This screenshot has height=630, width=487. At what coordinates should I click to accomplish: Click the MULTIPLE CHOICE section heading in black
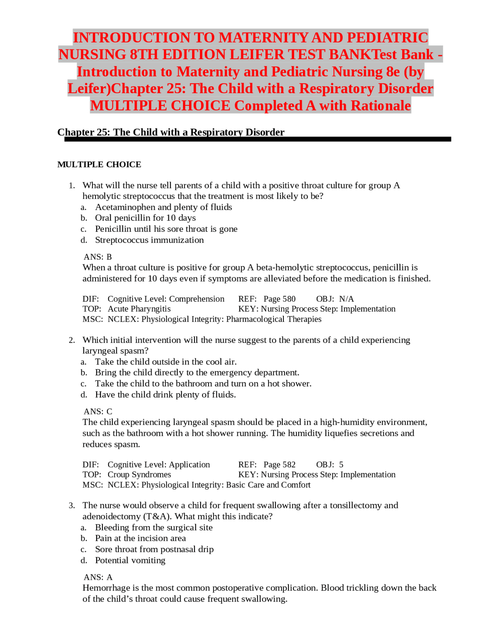pos(99,164)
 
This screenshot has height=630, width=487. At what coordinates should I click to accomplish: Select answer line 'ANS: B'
pos(98,257)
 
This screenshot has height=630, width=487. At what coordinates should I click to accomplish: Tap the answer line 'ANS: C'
pos(98,411)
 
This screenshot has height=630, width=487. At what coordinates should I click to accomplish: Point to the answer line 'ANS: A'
pos(98,577)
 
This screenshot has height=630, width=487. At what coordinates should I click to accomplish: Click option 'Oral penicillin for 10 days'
pos(145,218)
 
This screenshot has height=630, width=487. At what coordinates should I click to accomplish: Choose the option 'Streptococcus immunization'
pos(149,240)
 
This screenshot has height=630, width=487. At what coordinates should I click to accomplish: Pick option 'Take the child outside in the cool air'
pos(166,361)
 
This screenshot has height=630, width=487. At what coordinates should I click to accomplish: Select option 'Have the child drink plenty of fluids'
pos(165,395)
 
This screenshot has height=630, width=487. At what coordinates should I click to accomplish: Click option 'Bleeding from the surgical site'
pos(154,527)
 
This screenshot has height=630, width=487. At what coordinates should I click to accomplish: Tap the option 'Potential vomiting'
pos(130,560)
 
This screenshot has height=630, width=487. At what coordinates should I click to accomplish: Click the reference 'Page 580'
pos(279,299)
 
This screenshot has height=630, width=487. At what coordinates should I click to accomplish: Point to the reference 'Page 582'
pos(279,465)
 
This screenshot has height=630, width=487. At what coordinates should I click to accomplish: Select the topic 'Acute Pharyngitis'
pos(139,309)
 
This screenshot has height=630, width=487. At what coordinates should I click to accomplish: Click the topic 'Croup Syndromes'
pos(139,474)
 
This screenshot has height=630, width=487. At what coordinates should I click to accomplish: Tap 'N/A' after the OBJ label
pos(346,299)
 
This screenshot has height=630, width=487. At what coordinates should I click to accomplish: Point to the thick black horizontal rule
pos(258,139)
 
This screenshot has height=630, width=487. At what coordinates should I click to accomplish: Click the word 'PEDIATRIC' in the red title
pos(387,38)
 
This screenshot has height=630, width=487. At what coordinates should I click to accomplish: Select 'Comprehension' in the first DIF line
pos(197,299)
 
